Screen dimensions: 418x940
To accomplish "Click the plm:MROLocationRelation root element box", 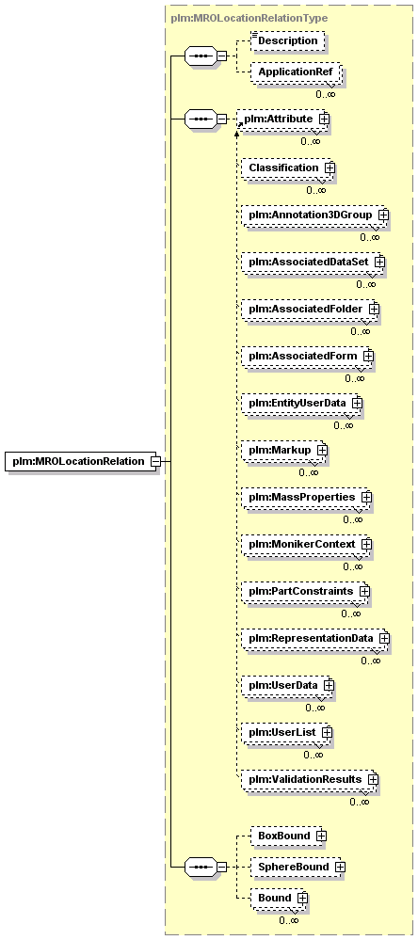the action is [80, 461].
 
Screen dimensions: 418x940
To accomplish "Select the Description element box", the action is [287, 41].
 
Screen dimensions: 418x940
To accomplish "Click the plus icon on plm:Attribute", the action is [324, 119].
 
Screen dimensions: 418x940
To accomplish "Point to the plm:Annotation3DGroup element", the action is [313, 215].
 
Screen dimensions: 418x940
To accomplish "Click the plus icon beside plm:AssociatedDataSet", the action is [379, 262].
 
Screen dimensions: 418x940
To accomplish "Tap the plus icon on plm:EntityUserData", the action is [357, 403].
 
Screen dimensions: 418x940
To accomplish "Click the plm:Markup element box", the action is [281, 450].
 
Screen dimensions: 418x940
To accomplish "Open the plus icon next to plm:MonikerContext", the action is [366, 545].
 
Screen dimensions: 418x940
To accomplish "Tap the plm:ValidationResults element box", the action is [307, 779].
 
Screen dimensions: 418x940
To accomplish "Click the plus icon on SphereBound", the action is [340, 867].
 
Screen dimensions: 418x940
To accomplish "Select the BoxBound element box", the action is [286, 836].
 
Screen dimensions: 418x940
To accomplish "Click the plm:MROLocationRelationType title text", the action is [249, 18].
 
